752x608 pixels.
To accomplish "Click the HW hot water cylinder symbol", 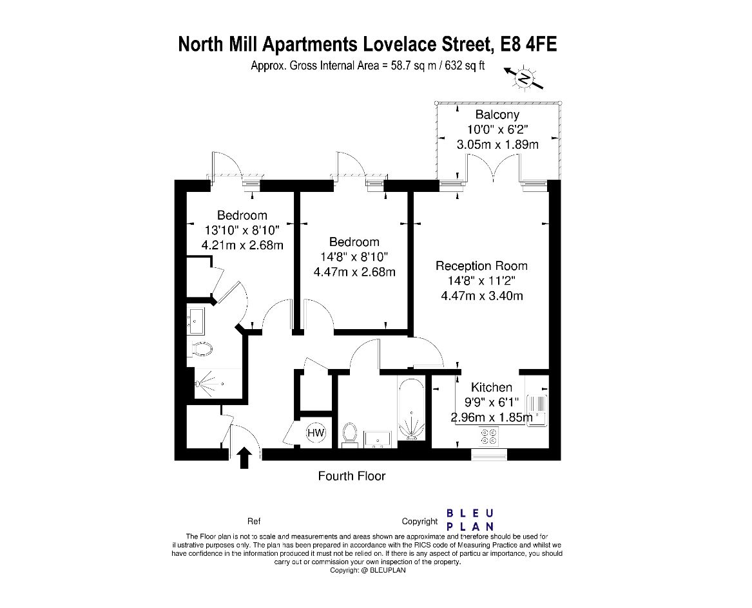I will (x=316, y=433).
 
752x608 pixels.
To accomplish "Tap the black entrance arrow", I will (x=244, y=458).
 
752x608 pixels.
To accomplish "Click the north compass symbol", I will (x=525, y=79).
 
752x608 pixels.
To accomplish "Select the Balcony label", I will (x=497, y=115).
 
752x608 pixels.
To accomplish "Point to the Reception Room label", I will (x=481, y=265).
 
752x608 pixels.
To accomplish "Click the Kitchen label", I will (x=492, y=387).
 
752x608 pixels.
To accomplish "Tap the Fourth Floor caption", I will (x=352, y=476).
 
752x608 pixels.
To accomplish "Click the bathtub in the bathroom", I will (x=410, y=410).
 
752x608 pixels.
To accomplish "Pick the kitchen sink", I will (x=536, y=410).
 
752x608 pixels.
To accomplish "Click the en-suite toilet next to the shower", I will (x=202, y=348).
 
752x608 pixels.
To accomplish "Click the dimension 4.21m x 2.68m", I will (x=242, y=245).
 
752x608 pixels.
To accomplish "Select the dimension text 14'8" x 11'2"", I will (x=481, y=281).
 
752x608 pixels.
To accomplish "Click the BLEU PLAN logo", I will (x=470, y=519).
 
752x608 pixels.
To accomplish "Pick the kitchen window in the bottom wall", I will (x=489, y=455).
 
